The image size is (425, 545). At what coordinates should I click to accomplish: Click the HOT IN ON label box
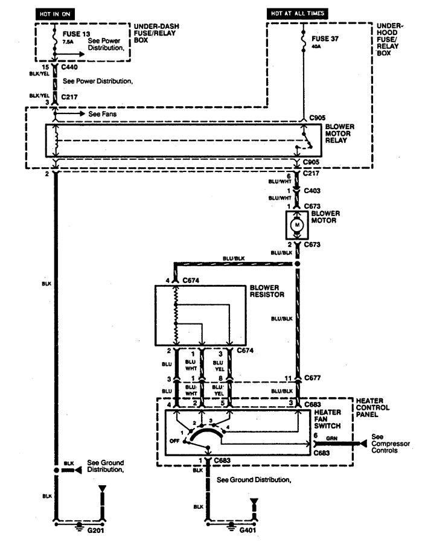tap(55, 14)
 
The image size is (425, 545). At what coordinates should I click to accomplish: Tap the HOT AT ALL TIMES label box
tap(298, 13)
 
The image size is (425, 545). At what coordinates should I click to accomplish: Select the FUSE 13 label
tap(76, 34)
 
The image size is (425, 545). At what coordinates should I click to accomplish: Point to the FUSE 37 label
tap(325, 39)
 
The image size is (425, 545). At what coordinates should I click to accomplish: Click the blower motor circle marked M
tap(297, 225)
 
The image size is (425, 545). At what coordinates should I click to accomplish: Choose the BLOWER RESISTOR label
tap(267, 291)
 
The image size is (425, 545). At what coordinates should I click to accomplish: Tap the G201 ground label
tap(95, 531)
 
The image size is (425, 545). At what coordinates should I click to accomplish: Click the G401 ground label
tap(248, 531)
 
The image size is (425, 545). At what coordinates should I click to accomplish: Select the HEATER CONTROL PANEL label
tap(372, 408)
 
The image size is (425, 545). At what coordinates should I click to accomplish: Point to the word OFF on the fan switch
tap(174, 441)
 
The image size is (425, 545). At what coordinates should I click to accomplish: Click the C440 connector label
tap(69, 67)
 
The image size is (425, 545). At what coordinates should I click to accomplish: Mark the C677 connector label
tap(312, 378)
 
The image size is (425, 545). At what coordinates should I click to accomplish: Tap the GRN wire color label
tap(331, 438)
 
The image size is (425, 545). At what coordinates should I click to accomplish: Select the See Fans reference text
tap(102, 113)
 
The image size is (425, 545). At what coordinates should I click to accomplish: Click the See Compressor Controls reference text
tap(390, 444)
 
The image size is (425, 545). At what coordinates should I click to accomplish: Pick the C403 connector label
tap(312, 191)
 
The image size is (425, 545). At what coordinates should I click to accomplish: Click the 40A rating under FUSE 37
tap(316, 46)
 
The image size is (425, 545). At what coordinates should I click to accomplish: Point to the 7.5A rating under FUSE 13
tap(68, 42)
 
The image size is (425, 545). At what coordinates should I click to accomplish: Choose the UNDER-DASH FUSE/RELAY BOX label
tap(156, 33)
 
